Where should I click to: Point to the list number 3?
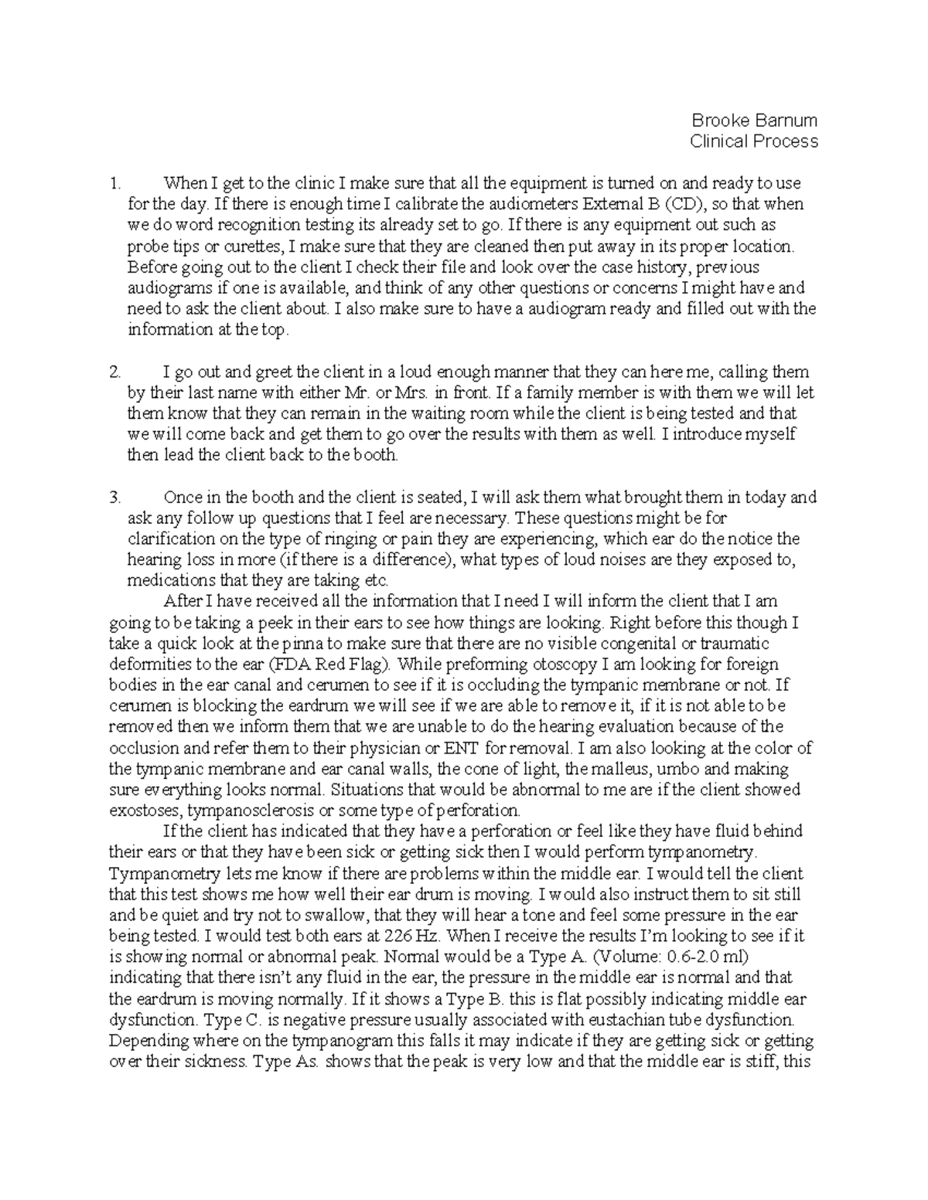click(x=116, y=498)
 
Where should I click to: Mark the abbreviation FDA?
click(x=290, y=665)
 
